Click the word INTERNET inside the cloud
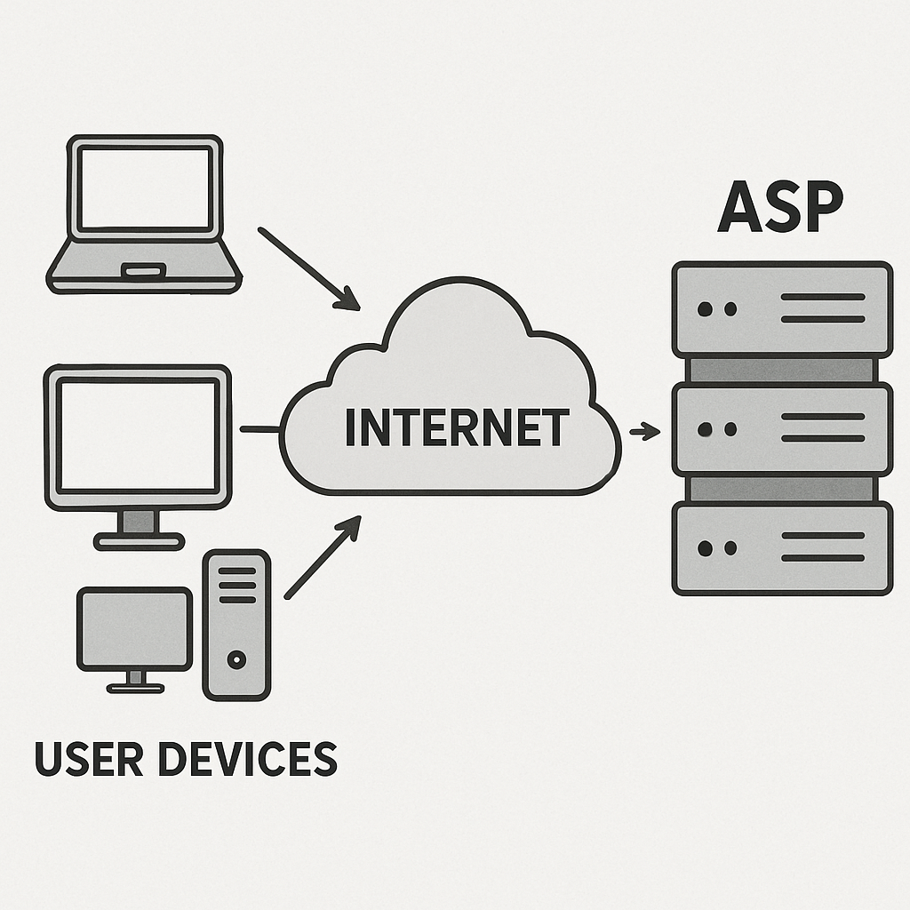click(x=456, y=428)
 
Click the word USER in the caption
click(x=87, y=758)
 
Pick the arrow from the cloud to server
click(x=645, y=432)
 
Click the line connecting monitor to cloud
click(x=259, y=429)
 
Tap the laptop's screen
click(x=145, y=188)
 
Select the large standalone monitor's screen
click(x=138, y=434)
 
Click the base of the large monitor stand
click(x=139, y=540)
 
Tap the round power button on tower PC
click(x=236, y=659)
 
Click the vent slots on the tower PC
click(x=236, y=586)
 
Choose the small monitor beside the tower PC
click(x=134, y=628)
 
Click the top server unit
click(x=782, y=308)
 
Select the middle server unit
click(x=782, y=428)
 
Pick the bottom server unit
click(x=782, y=547)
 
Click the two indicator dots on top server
click(x=717, y=309)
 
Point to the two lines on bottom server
click(x=822, y=547)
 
